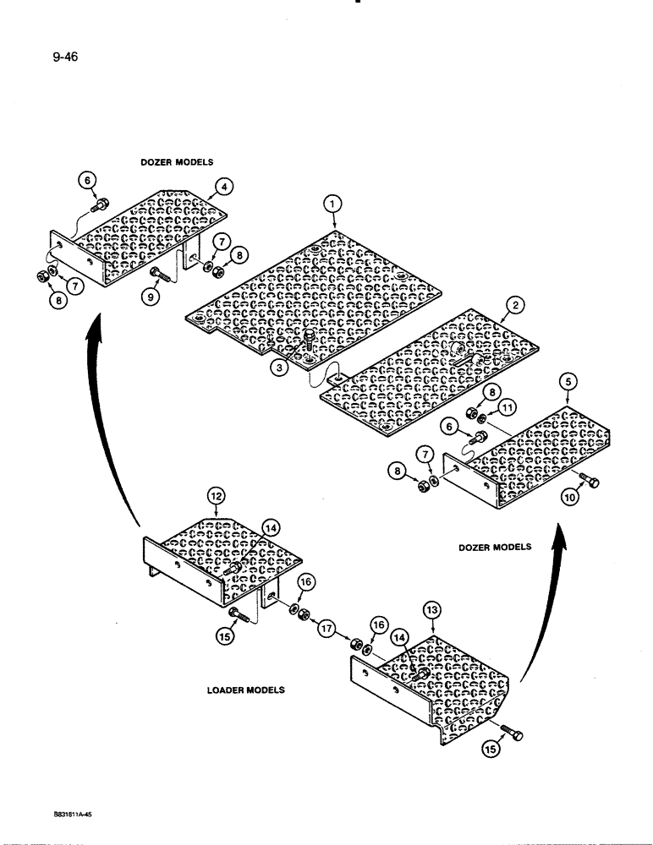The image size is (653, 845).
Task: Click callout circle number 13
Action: [432, 610]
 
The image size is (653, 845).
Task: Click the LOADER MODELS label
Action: [245, 690]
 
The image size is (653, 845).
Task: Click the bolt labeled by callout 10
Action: [589, 482]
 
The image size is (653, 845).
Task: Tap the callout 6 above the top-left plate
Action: [89, 178]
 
